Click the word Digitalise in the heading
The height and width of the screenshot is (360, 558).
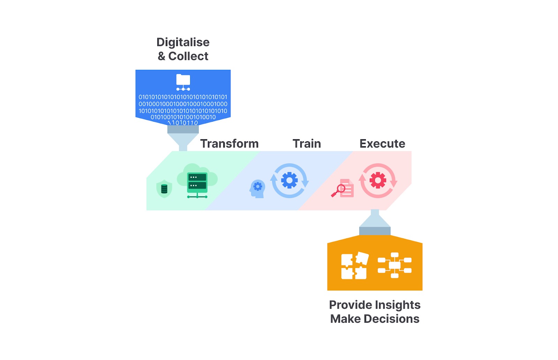pos(183,43)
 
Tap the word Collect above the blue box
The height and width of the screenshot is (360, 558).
pos(188,56)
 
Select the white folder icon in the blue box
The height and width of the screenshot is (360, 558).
pos(183,82)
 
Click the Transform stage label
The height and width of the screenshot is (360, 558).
pos(229,143)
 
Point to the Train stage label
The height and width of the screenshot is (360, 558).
pos(307,143)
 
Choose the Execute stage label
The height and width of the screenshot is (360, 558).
pos(382,143)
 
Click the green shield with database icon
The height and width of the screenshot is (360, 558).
pos(164,189)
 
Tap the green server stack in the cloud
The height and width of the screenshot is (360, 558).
pos(197,185)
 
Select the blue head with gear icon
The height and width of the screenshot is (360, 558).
pos(257,189)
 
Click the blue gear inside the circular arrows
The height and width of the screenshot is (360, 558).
pos(289,180)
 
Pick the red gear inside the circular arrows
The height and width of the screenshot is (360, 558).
pos(378,180)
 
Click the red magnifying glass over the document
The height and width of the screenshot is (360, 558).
pos(338,191)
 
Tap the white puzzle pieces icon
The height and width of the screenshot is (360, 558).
pos(355,265)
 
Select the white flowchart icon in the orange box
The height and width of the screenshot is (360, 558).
pos(394,265)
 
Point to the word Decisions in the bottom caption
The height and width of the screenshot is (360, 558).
pos(392,318)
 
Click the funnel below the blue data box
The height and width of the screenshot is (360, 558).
pos(183,138)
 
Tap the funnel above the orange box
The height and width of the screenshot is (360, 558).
pos(375,222)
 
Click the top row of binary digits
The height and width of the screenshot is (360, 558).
pos(183,97)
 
